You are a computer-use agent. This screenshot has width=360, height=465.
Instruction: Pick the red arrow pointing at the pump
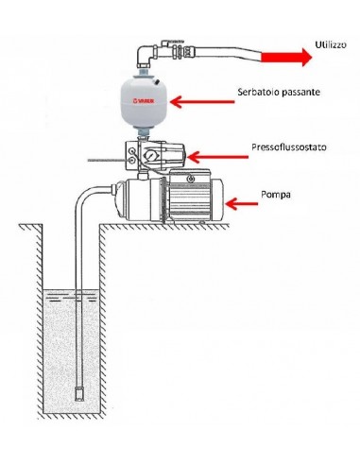coord(244,202)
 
